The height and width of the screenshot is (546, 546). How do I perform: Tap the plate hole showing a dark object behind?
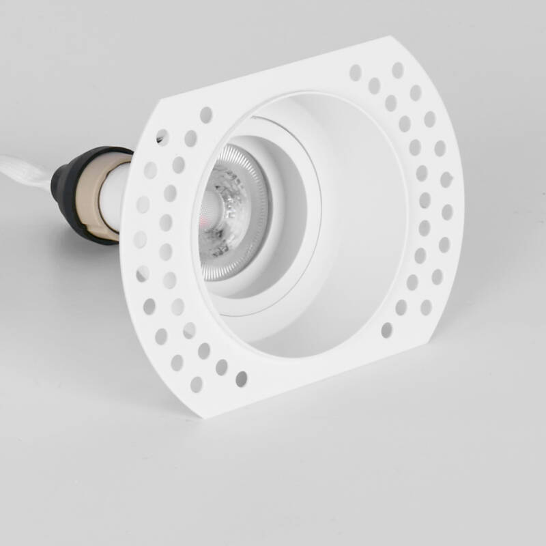(162, 136)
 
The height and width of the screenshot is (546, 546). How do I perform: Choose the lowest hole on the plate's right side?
(386, 330)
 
